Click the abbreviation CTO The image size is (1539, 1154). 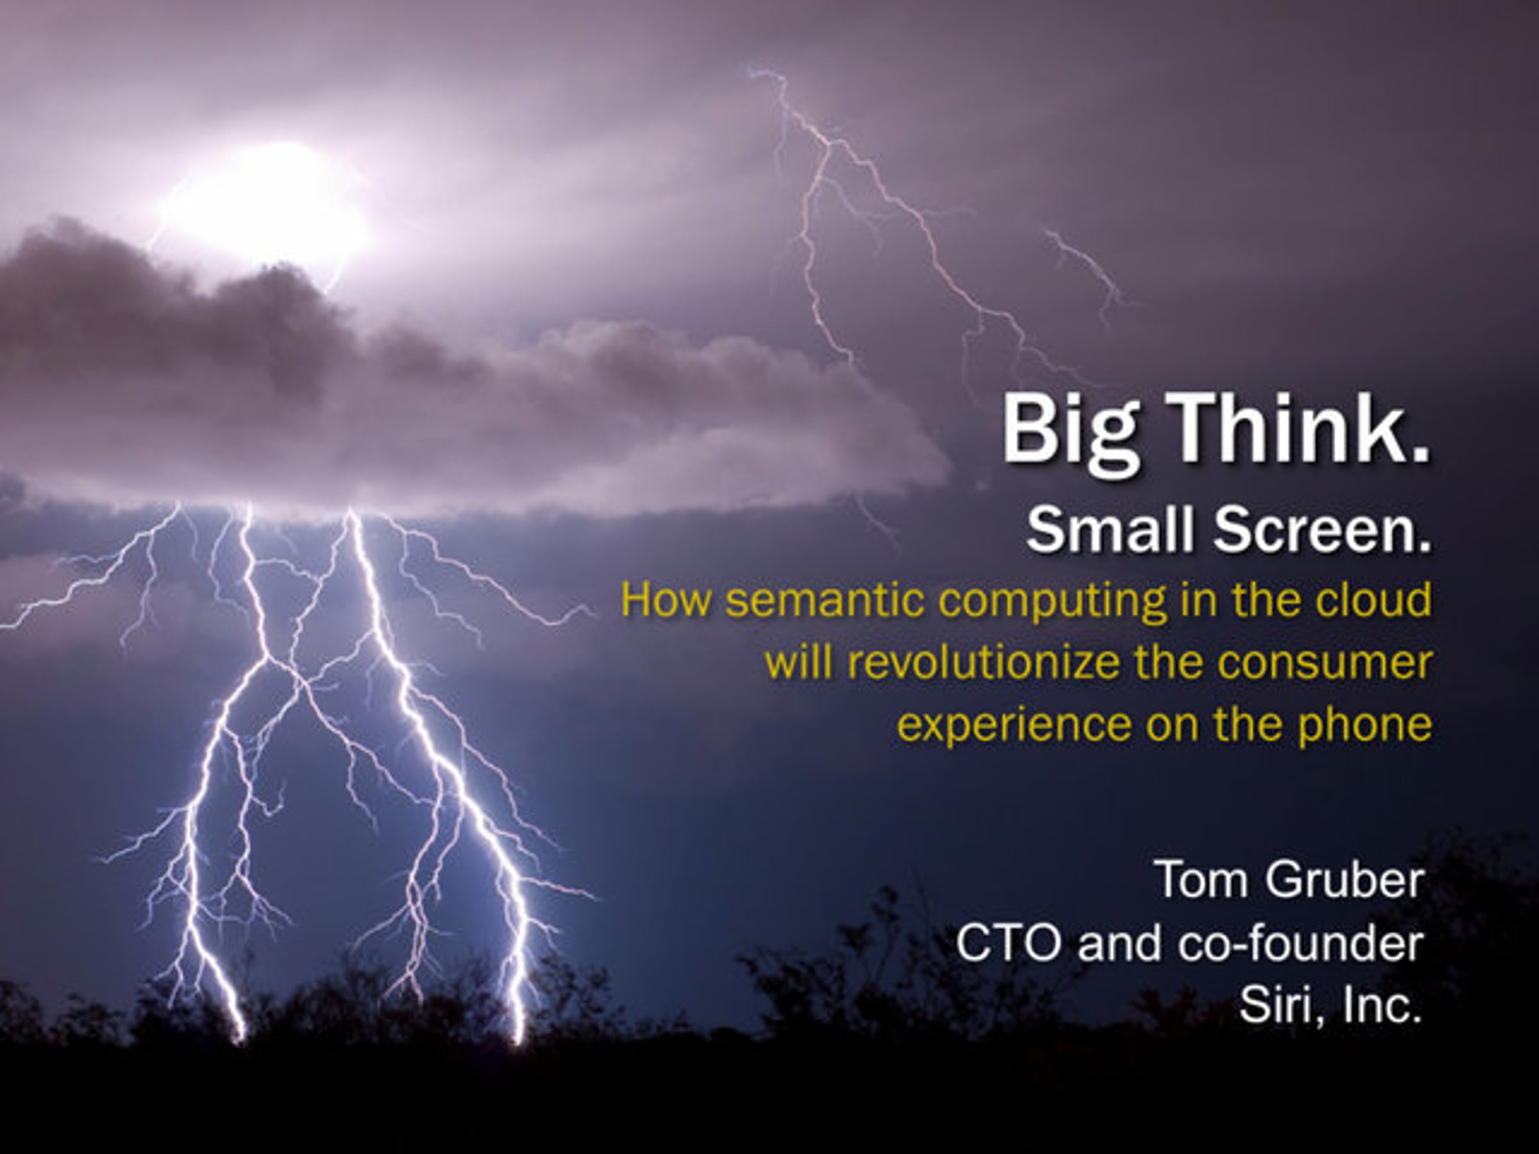1006,944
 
